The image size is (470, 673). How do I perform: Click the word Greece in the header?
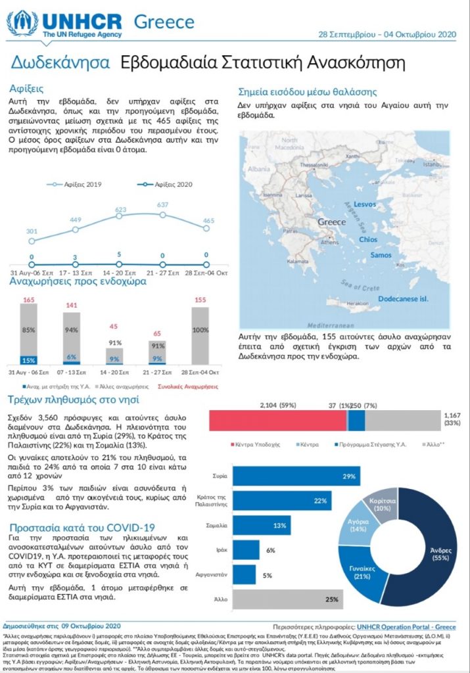point(164,22)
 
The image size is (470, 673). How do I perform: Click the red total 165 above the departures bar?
point(28,300)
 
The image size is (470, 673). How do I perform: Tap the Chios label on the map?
point(368,240)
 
